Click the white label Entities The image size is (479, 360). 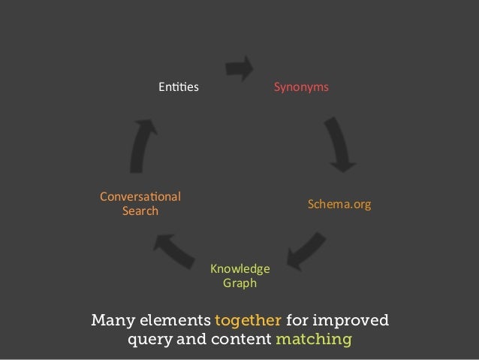[178, 88]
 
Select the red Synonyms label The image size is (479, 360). [300, 88]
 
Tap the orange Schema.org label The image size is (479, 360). [339, 204]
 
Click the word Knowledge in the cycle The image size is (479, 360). [239, 269]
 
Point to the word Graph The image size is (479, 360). [239, 283]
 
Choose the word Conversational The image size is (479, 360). [140, 197]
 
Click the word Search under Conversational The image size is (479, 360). [140, 211]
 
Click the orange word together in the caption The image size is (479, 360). [247, 322]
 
